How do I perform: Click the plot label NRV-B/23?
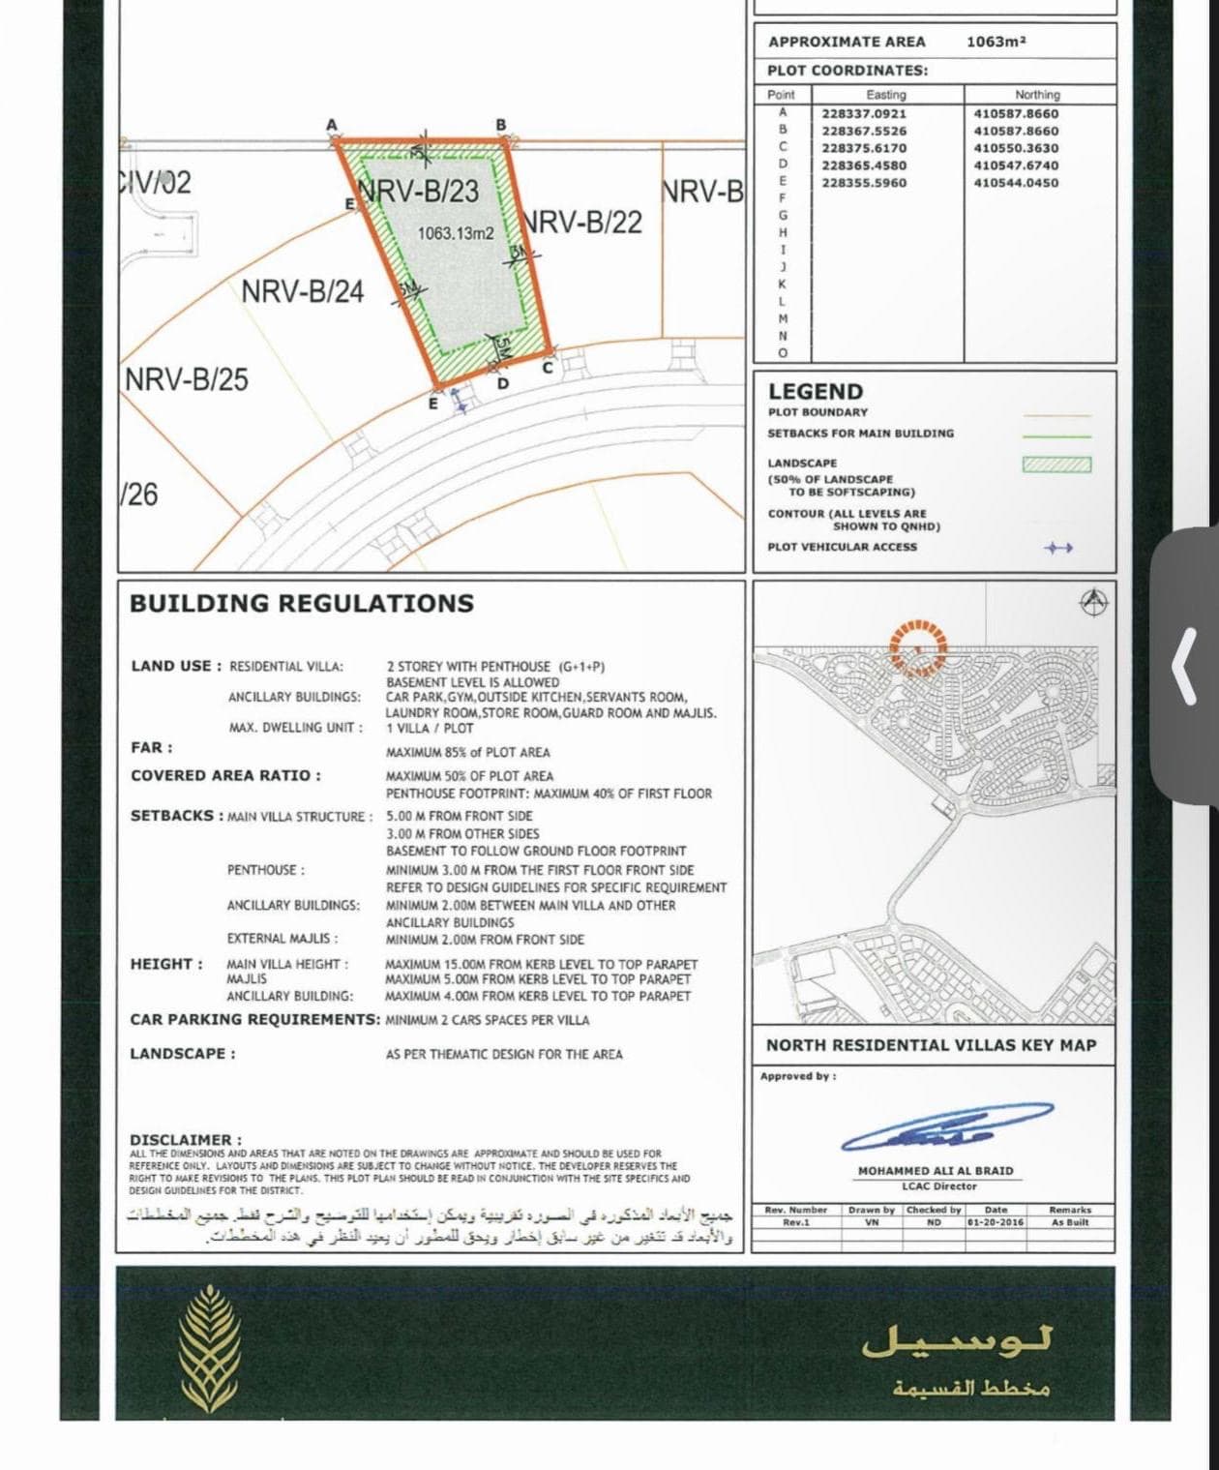[418, 191]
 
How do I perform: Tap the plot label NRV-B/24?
[302, 290]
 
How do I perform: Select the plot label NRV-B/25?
[187, 378]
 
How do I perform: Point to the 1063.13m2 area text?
[455, 233]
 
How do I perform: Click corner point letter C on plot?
[547, 368]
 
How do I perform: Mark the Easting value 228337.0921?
[864, 113]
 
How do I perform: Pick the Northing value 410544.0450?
[1016, 182]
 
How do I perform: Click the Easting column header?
[885, 95]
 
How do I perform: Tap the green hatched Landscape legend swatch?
[1056, 465]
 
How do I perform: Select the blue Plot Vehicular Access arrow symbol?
[1058, 548]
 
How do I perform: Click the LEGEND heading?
[815, 392]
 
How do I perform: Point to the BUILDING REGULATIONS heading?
[302, 603]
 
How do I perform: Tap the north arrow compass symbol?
[1093, 601]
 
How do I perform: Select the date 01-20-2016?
[996, 1222]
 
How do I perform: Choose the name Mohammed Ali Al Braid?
[935, 1170]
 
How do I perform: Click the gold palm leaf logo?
[210, 1349]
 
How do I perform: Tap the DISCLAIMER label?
[185, 1139]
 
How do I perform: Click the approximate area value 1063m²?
[996, 42]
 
